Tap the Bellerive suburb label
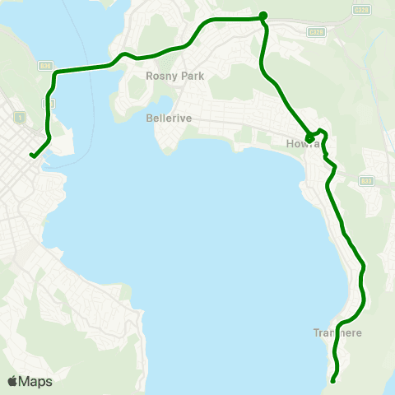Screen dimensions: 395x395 (168, 118)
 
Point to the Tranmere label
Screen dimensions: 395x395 (337, 333)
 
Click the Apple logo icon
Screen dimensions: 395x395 (12, 381)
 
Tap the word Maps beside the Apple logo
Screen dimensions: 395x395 (35, 381)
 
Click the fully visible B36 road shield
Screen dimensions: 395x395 (44, 66)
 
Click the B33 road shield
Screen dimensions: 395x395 (366, 180)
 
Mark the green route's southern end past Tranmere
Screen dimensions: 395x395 (333, 380)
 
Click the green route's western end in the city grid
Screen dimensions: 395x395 (31, 155)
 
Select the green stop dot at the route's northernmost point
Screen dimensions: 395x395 (263, 15)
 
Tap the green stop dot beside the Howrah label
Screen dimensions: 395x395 (309, 137)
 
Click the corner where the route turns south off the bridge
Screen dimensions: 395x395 (55, 74)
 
